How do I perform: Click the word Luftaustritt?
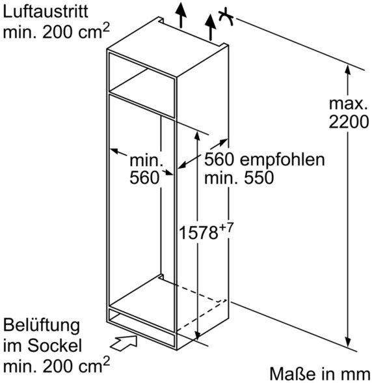(46, 11)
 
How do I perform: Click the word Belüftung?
(42, 326)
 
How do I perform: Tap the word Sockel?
(55, 345)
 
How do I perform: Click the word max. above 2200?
(349, 104)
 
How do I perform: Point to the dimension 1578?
(198, 233)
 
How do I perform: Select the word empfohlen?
(282, 160)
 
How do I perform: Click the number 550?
(259, 178)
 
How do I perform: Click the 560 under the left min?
(144, 177)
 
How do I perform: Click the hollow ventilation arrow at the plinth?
(124, 343)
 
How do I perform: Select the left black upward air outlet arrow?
(181, 14)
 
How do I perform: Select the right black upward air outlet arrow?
(210, 27)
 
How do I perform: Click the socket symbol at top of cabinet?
(226, 17)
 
